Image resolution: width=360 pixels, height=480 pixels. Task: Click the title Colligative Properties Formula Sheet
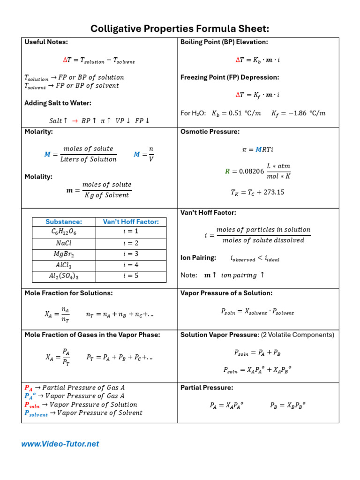[180, 29]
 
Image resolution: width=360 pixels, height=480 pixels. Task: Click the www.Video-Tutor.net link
[60, 444]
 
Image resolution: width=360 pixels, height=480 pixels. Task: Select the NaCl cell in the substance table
[64, 243]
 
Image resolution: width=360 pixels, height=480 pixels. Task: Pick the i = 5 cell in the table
[131, 276]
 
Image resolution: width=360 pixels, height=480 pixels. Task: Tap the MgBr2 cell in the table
[64, 254]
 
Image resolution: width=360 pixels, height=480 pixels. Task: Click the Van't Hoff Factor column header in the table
[131, 222]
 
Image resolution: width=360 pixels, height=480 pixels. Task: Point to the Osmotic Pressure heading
[203, 132]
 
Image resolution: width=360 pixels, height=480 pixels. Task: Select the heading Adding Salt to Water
[58, 103]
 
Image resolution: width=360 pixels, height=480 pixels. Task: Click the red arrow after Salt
[75, 121]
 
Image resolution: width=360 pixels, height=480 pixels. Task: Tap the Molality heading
[38, 177]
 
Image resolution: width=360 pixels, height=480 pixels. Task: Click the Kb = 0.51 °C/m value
[236, 113]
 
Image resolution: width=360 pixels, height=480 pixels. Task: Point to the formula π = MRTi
[257, 150]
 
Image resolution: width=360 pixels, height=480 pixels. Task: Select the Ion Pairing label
[198, 257]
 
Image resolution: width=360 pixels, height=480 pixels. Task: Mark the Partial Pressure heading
[207, 388]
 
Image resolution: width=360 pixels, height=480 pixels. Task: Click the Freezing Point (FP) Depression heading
[230, 77]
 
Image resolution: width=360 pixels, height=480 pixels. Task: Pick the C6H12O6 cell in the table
[64, 232]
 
